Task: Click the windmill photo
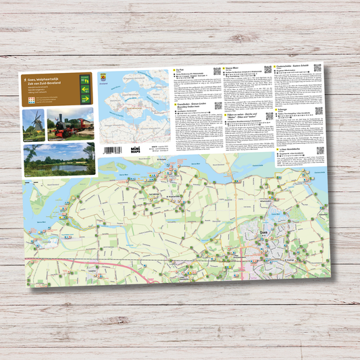tap(33, 124)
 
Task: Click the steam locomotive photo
tap(70, 124)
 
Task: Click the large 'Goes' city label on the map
tap(265, 232)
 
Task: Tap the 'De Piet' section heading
tap(180, 70)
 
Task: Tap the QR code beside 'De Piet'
tap(217, 70)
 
